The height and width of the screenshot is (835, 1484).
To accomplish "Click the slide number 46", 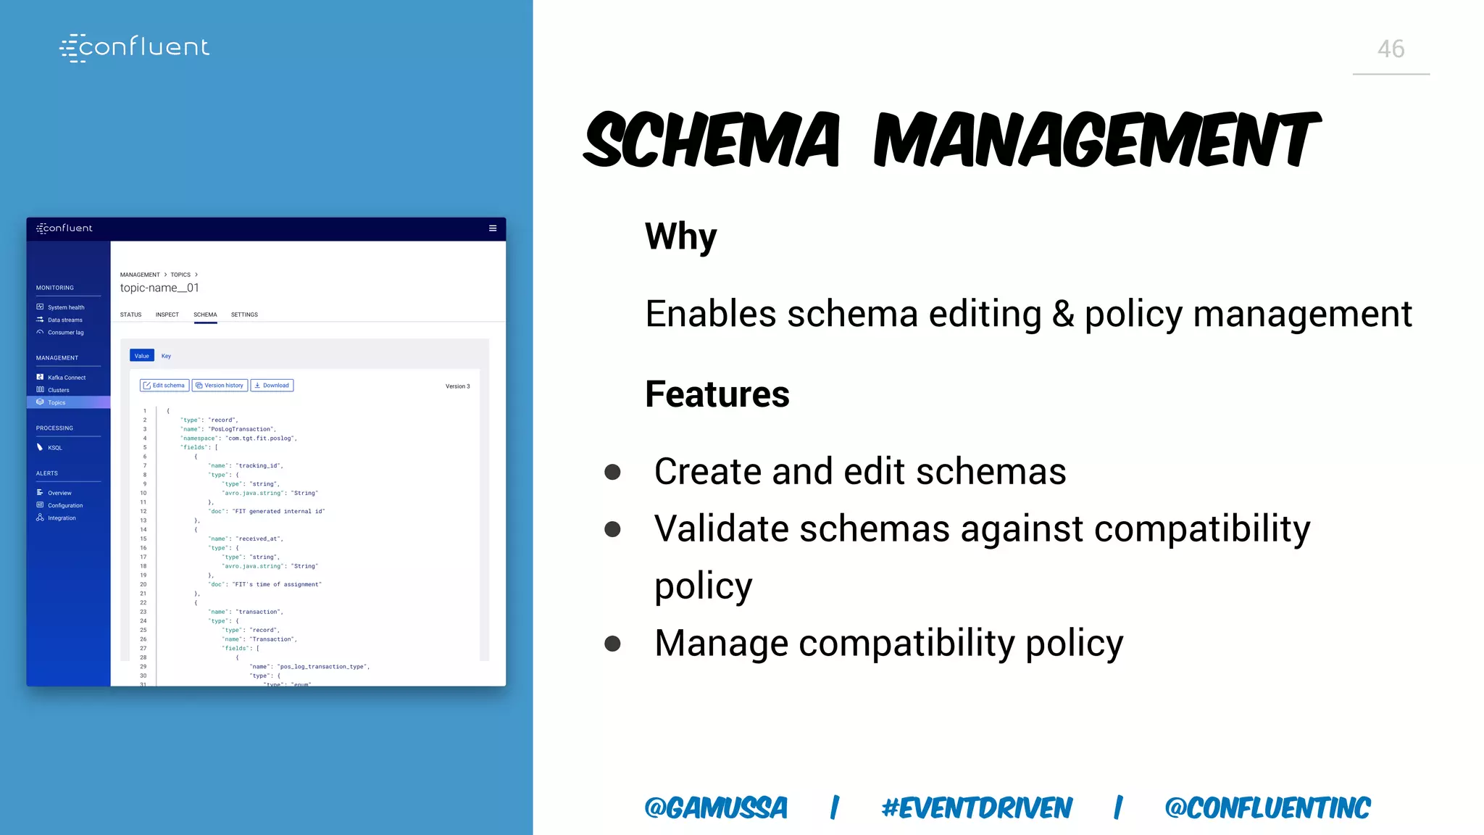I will click(x=1391, y=49).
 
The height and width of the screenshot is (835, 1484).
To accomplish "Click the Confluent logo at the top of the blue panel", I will click(x=135, y=47).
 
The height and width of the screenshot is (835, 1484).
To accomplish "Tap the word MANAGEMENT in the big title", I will click(x=1096, y=140).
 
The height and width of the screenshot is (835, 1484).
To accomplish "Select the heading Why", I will click(x=680, y=236).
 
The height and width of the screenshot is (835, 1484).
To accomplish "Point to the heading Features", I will click(x=717, y=394).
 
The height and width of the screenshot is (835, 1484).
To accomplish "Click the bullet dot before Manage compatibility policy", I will click(x=612, y=644).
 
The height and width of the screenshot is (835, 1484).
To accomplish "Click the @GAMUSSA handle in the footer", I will click(x=715, y=807).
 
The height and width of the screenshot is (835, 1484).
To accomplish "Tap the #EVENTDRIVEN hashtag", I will click(x=976, y=807).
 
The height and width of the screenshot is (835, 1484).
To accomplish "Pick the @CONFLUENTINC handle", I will click(x=1267, y=807).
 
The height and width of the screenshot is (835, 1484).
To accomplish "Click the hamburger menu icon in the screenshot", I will click(x=493, y=228).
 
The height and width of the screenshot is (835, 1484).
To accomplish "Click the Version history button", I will click(x=220, y=386).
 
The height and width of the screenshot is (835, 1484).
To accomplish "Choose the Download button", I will click(x=272, y=386).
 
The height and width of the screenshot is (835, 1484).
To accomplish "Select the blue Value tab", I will click(x=142, y=356).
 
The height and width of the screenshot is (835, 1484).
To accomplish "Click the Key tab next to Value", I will click(x=166, y=356).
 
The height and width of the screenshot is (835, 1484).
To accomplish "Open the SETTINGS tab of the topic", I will click(x=244, y=315).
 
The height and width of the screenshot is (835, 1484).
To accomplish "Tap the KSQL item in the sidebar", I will click(x=54, y=448).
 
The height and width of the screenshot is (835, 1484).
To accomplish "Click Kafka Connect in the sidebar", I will click(x=66, y=378).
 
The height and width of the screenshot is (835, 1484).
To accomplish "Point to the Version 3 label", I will click(x=457, y=386).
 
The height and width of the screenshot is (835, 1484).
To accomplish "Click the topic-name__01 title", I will click(x=159, y=288).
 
